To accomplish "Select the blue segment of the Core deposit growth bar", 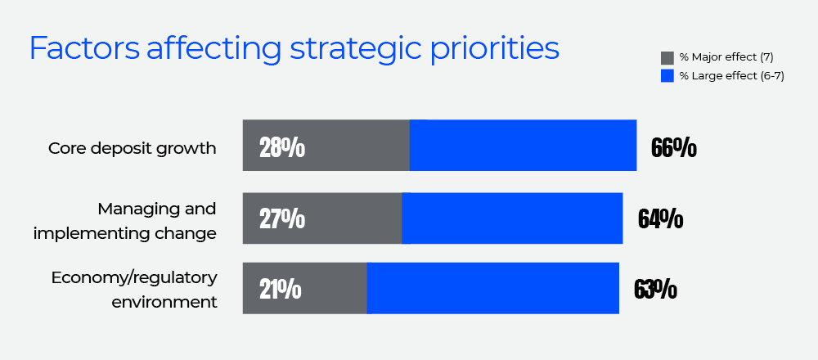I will coord(523,145).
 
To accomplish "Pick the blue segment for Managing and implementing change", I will coord(512,218).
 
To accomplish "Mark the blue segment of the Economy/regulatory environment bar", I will coord(492,288).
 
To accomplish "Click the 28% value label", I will coord(282,148).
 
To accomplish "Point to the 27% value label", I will coord(282,219).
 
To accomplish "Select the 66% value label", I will coord(674,148).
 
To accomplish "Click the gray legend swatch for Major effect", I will coord(667,57).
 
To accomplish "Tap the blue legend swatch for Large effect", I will coord(667,76).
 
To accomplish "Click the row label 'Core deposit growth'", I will coord(132,148).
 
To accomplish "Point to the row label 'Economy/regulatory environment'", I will coord(134,289).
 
